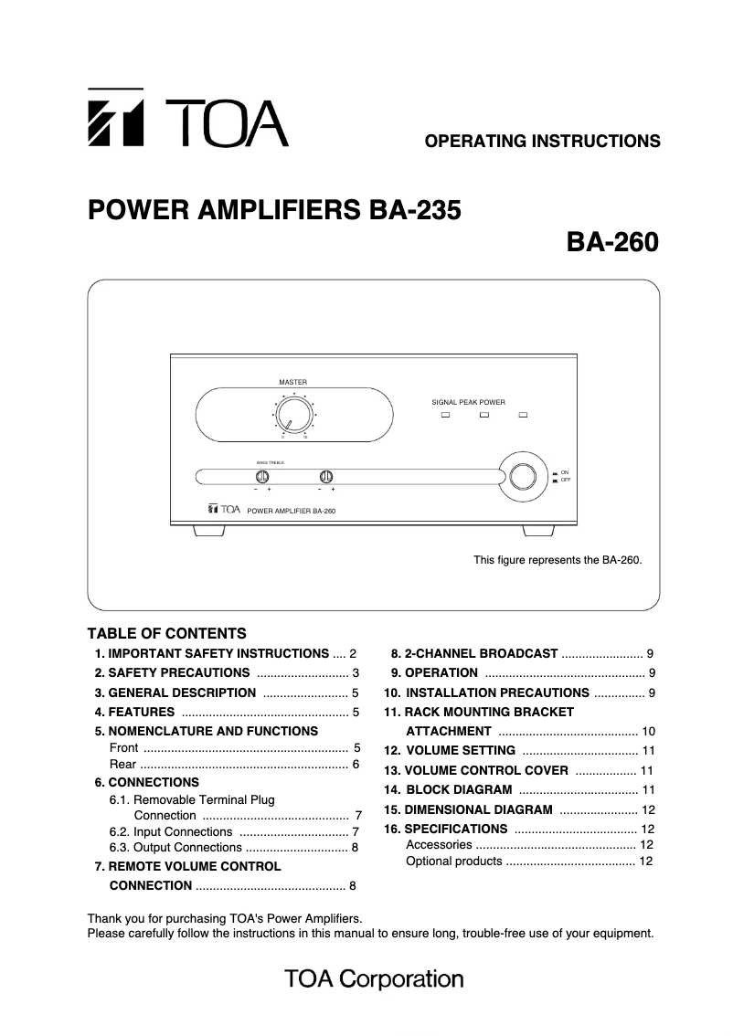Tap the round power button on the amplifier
(523, 476)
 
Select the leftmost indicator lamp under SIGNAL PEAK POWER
(446, 417)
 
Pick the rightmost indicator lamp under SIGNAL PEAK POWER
(524, 417)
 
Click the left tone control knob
(262, 476)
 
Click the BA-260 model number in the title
(612, 243)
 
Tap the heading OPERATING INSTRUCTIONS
(543, 141)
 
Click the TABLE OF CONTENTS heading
(166, 633)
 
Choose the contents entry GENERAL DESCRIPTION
(182, 692)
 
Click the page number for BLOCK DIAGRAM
(649, 789)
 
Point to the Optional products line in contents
(454, 862)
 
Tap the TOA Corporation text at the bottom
(374, 980)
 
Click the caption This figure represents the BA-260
(558, 559)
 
